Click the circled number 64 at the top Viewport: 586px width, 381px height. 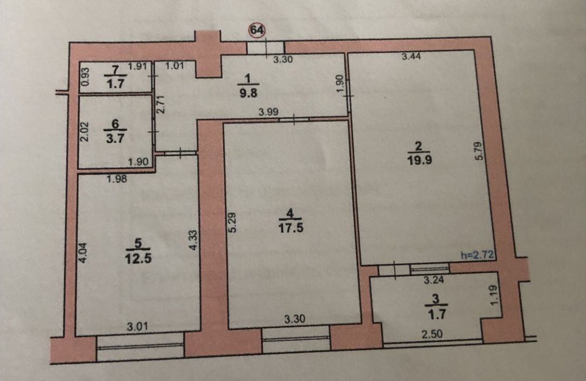257,29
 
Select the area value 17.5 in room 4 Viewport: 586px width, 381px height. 291,228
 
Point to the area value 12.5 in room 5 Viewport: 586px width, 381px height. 138,258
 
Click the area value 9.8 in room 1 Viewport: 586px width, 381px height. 248,93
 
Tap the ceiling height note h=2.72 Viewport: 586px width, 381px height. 477,256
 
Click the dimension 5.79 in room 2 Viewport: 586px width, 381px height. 479,151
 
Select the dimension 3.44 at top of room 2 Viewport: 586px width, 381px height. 411,56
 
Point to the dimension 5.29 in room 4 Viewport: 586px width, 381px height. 232,223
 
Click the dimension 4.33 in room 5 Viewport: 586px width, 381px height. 193,240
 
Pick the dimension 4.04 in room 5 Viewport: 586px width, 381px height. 83,253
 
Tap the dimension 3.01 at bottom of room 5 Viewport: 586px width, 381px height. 137,327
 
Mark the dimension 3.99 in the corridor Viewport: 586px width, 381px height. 268,112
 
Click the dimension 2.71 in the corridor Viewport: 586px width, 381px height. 161,105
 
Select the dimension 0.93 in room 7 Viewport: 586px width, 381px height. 85,77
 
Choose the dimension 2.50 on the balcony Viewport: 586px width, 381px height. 432,334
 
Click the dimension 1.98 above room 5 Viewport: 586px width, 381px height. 117,179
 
